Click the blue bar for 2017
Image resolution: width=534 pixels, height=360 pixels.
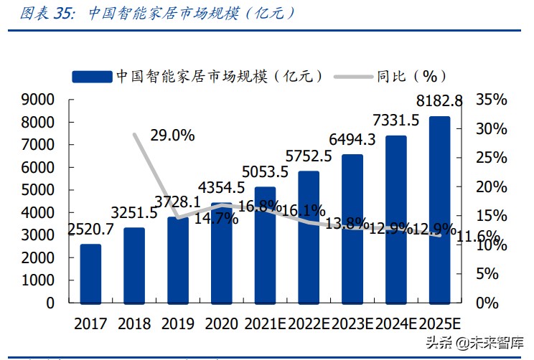(x=90, y=273)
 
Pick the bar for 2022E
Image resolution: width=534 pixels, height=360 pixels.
(x=309, y=237)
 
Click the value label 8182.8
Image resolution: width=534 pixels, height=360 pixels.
(x=439, y=100)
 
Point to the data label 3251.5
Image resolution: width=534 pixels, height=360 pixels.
(x=133, y=213)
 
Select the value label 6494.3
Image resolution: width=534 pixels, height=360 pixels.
(x=352, y=138)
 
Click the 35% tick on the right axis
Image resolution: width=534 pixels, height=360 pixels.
(x=491, y=100)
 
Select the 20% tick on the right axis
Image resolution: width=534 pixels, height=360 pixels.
(x=491, y=186)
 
